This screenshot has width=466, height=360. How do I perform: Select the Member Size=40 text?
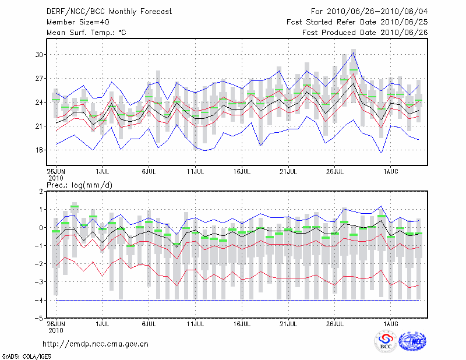[75, 22]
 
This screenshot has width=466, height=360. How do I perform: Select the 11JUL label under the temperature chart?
[195, 172]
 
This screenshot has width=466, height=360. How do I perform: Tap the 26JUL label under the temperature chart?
[335, 172]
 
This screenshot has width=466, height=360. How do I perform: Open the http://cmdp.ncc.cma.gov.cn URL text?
[96, 344]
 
